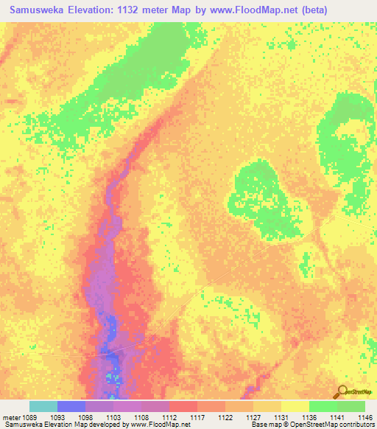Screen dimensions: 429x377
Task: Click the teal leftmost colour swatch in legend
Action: tap(43, 406)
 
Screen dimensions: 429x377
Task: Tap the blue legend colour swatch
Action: tap(71, 406)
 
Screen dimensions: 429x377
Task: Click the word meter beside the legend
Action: tap(13, 417)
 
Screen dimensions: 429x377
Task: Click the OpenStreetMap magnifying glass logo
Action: tap(340, 392)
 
